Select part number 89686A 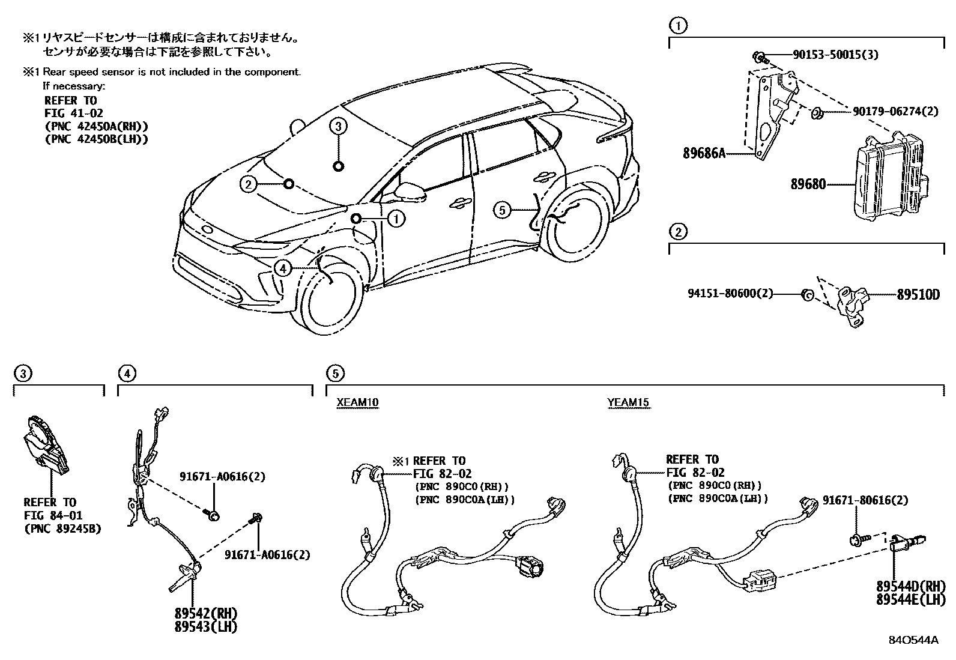(x=704, y=153)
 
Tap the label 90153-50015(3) (x=835, y=55)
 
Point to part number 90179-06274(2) (x=895, y=111)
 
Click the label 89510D (x=918, y=295)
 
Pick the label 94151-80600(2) (x=730, y=294)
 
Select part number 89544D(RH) (x=910, y=586)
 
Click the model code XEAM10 (x=357, y=402)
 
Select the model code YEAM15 (x=628, y=402)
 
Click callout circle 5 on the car (x=503, y=210)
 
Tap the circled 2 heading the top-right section (x=677, y=231)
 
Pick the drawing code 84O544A (x=913, y=640)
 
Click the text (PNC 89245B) (x=62, y=529)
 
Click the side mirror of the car (x=411, y=192)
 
